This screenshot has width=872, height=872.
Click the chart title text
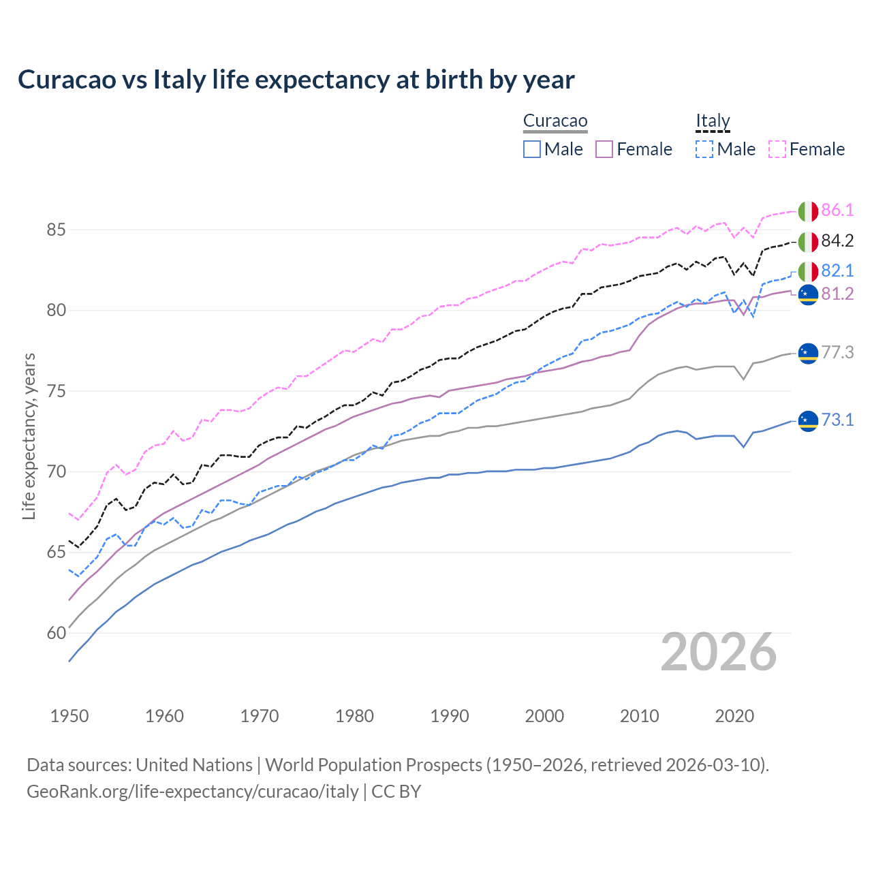coord(296,80)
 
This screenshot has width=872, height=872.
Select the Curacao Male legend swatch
coord(532,149)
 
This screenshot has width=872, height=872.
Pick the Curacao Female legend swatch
coord(604,149)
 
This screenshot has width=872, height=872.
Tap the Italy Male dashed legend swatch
coord(704,149)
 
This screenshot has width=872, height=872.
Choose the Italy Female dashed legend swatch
coord(777,149)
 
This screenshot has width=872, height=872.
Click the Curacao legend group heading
coord(555,121)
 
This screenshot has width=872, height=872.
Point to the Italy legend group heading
coord(713,121)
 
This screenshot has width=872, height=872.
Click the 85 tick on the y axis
coord(56,230)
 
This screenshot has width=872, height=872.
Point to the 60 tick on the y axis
coord(56,633)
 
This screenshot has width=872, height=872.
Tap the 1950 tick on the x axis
coord(69,716)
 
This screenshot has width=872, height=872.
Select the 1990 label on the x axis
coord(450,716)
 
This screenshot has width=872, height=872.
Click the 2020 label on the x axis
coord(734,716)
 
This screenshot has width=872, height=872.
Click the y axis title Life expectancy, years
coord(29,436)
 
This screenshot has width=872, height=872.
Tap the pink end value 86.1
coord(837,211)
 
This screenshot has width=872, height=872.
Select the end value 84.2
coord(837,241)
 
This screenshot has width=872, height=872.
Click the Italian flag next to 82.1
coord(808,271)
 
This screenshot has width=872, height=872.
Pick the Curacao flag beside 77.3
coord(808,353)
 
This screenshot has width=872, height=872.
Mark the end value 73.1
coord(837,420)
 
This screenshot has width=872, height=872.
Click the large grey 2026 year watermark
coord(719,653)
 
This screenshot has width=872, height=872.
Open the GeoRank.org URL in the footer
coord(193,792)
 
